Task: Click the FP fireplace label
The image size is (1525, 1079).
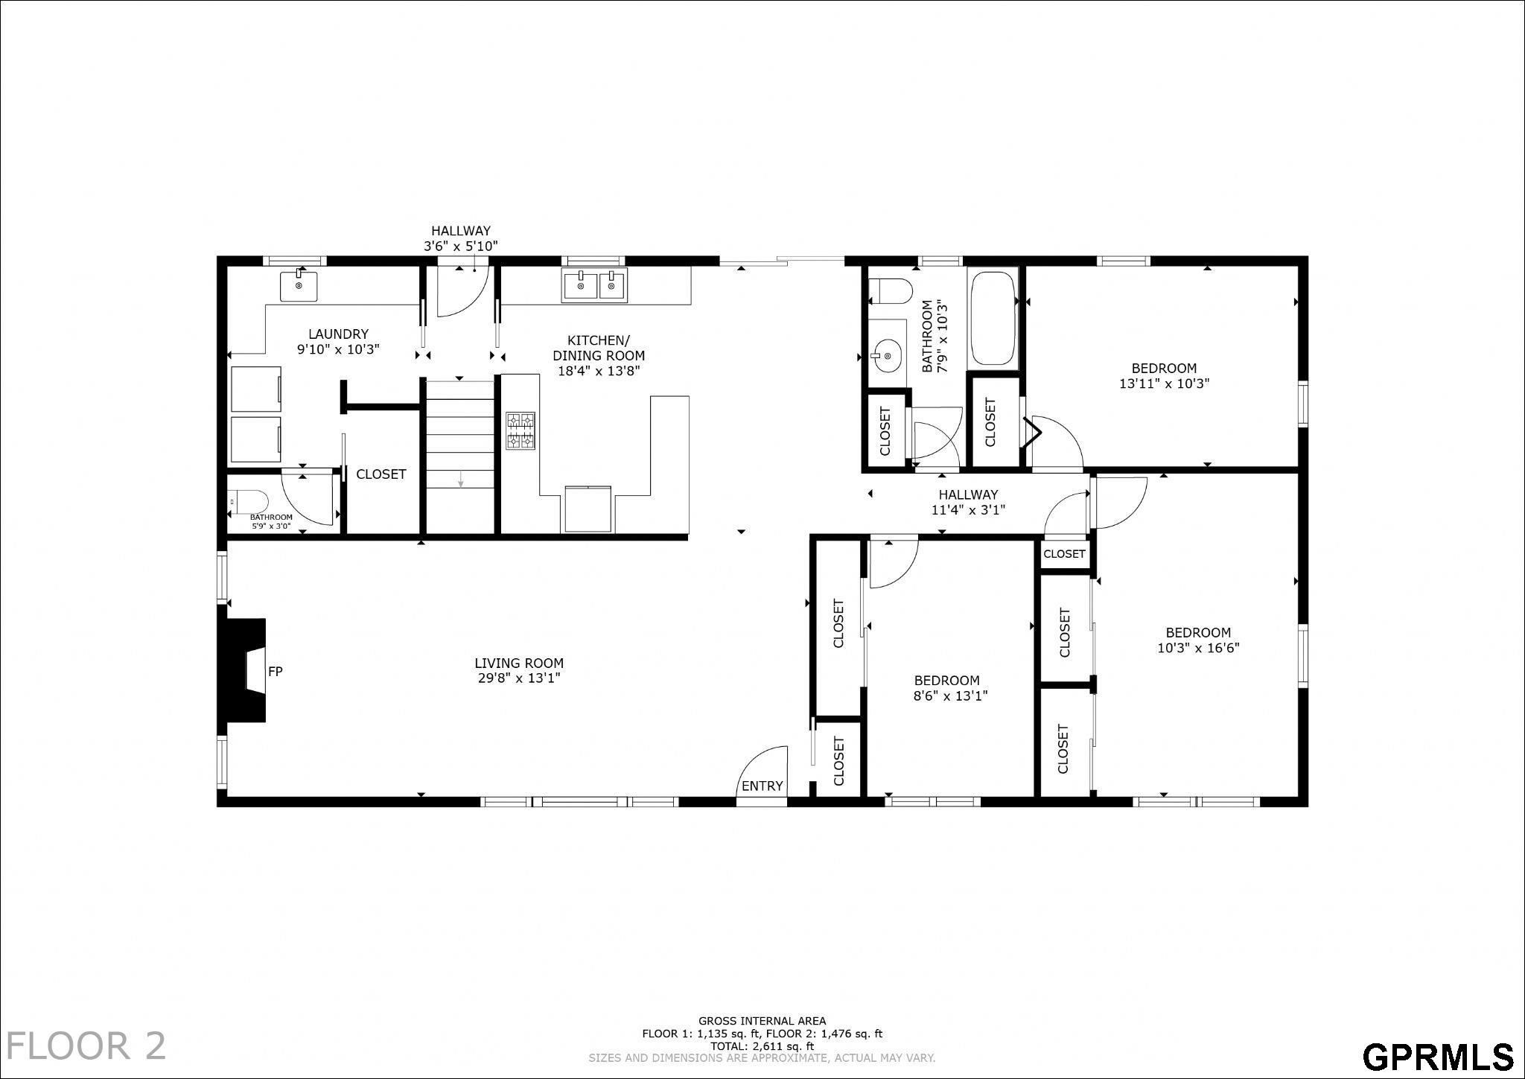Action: pyautogui.click(x=275, y=672)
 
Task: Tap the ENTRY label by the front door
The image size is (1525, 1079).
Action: pyautogui.click(x=762, y=786)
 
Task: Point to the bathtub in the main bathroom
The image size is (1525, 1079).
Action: pyautogui.click(x=993, y=318)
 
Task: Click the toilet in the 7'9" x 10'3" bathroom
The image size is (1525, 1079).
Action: pyautogui.click(x=891, y=290)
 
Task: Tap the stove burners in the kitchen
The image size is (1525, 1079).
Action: pyautogui.click(x=521, y=430)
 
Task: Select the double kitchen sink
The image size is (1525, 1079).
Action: pyautogui.click(x=594, y=286)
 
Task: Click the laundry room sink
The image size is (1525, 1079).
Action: pyautogui.click(x=299, y=285)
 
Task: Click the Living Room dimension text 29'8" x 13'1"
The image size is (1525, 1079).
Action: pyautogui.click(x=519, y=678)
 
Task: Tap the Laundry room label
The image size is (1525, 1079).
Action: pyautogui.click(x=339, y=334)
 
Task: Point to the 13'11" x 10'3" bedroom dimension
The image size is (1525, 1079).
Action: pyautogui.click(x=1165, y=384)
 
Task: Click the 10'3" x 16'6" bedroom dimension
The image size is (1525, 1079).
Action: pyautogui.click(x=1198, y=648)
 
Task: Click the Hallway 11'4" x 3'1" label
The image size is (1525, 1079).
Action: pyautogui.click(x=968, y=503)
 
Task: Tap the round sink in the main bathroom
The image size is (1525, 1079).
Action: pyautogui.click(x=887, y=356)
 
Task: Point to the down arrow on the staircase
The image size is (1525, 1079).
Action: pyautogui.click(x=461, y=480)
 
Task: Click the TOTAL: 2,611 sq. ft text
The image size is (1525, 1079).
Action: pyautogui.click(x=762, y=1046)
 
